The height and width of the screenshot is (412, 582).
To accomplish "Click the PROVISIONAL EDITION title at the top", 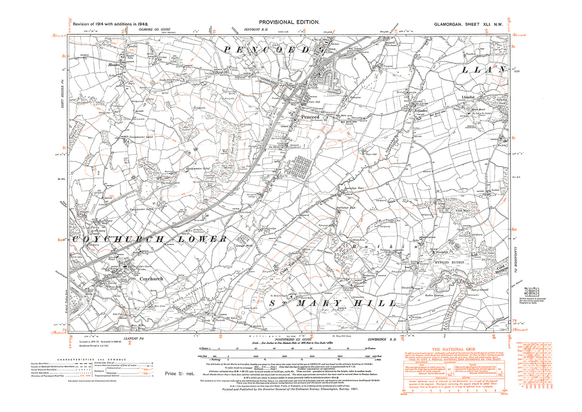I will (x=289, y=23).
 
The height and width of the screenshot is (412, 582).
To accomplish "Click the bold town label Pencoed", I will (x=310, y=117).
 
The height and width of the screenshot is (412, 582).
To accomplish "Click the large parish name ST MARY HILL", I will (x=333, y=303).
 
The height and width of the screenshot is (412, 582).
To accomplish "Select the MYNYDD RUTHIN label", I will (x=447, y=262).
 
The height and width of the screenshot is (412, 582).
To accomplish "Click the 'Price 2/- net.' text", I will (x=179, y=374).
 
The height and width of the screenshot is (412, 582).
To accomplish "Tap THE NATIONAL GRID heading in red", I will (x=447, y=349).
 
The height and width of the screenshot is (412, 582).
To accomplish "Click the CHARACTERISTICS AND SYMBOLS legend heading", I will (x=91, y=359).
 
